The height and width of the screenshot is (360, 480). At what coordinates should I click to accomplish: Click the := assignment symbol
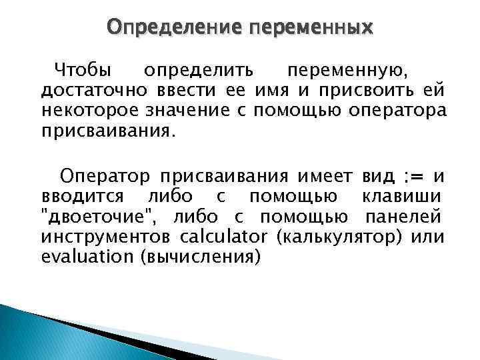pos(415,177)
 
